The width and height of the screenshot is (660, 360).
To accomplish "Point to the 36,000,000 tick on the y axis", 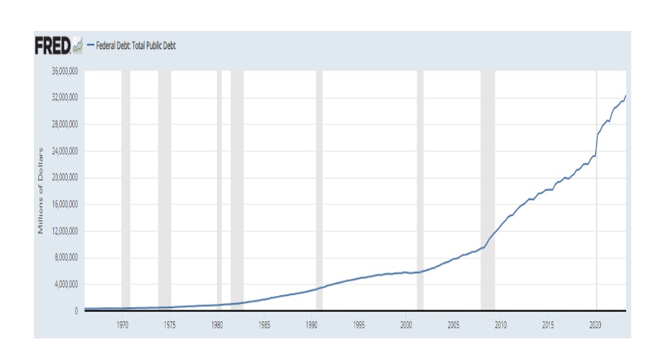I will click(x=63, y=71).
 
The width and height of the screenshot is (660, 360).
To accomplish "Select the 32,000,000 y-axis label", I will click(x=63, y=98).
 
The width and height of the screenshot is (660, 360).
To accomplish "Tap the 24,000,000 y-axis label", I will click(x=63, y=151).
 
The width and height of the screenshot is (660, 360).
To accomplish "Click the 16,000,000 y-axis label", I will click(x=63, y=204).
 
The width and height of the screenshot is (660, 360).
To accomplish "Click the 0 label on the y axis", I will click(x=76, y=311).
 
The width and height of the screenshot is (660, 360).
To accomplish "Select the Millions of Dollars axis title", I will click(x=40, y=191).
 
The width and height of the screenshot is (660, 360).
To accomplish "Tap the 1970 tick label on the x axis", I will click(x=122, y=325).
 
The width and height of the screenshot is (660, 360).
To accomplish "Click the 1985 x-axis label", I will click(x=264, y=325).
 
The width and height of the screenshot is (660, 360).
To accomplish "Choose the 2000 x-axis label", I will click(x=406, y=325).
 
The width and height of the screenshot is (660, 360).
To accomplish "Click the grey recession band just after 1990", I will click(x=319, y=191).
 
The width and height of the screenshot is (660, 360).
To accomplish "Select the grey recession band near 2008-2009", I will click(x=488, y=191).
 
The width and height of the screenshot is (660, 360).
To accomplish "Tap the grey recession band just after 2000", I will click(x=420, y=191).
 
